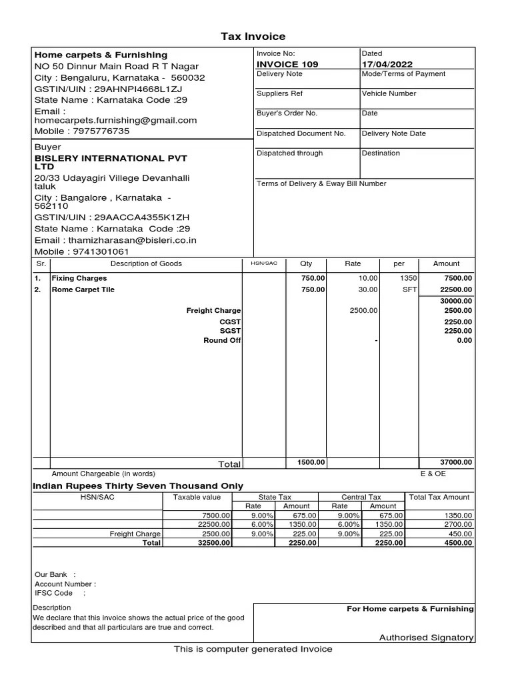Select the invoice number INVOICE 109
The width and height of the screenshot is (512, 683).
287,64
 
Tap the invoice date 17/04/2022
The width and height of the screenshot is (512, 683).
387,64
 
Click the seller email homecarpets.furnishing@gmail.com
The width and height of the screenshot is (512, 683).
115,121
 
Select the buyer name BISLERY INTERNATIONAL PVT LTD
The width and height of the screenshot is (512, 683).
111,162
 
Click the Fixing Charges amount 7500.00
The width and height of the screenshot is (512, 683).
459,278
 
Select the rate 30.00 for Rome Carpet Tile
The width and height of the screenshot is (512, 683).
368,289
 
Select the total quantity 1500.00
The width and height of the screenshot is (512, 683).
311,462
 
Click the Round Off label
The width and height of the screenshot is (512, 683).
222,341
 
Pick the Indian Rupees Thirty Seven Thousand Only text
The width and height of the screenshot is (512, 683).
138,486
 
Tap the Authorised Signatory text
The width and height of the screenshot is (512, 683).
426,638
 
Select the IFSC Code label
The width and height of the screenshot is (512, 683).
54,593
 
